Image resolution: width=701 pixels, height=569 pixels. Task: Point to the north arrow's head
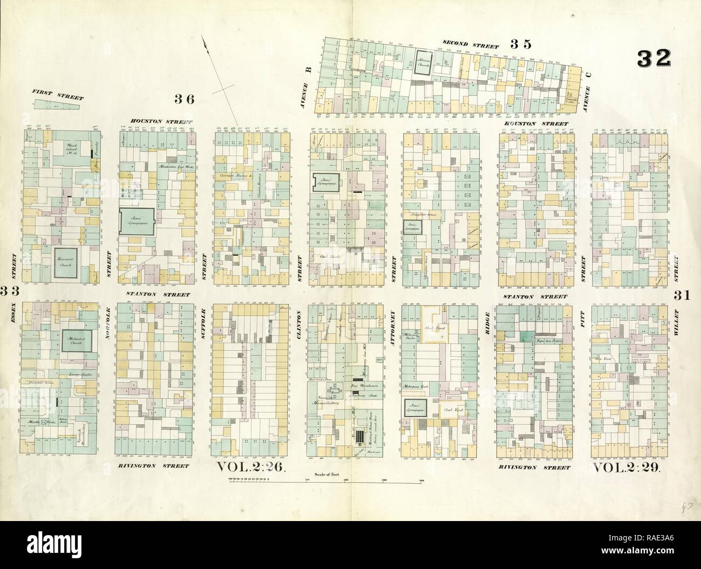tap(204, 39)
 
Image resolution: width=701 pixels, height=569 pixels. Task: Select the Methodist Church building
tap(75, 341)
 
